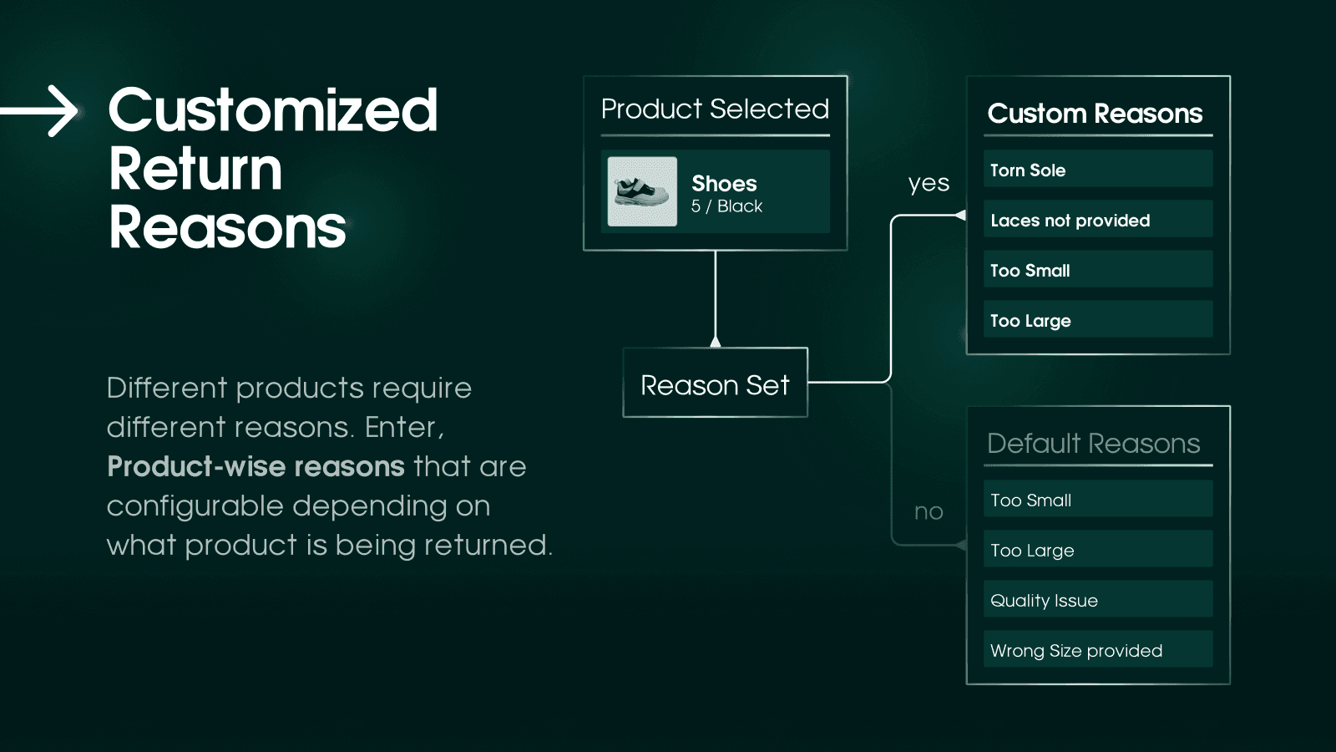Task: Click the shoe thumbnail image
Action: pos(642,191)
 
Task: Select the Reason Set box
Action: pos(715,383)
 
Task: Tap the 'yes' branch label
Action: pos(929,183)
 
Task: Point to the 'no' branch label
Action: pos(929,511)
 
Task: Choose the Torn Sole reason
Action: pos(1097,170)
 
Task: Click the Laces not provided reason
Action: pos(1097,220)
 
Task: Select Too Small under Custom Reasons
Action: pos(1097,270)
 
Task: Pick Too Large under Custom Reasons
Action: pos(1097,320)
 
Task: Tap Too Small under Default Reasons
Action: pos(1097,500)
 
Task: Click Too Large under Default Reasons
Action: pos(1097,550)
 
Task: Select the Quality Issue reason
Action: pos(1097,600)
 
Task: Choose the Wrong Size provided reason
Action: pos(1097,650)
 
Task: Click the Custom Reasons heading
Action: pos(1095,114)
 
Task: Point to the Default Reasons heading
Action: pos(1093,443)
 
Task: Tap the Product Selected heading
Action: pos(715,109)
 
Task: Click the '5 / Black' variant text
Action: pos(726,206)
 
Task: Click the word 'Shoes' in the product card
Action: pos(724,183)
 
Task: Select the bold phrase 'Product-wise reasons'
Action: pos(256,466)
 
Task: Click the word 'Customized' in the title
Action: pos(272,110)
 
